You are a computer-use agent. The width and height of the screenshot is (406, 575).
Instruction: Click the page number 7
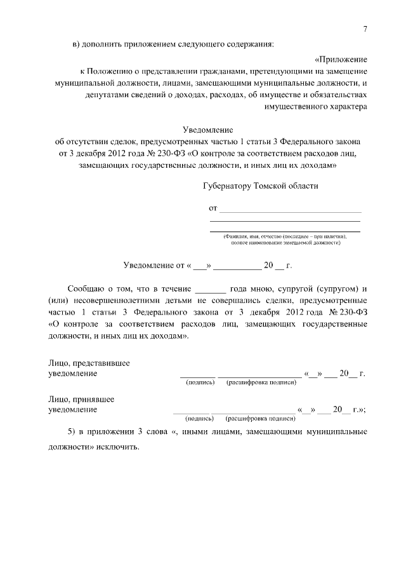(365, 29)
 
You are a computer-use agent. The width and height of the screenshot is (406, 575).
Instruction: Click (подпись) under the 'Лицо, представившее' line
(197, 383)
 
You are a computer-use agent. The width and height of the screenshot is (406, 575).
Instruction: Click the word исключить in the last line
(117, 446)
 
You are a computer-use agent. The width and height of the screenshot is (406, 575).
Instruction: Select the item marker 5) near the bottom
(73, 432)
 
